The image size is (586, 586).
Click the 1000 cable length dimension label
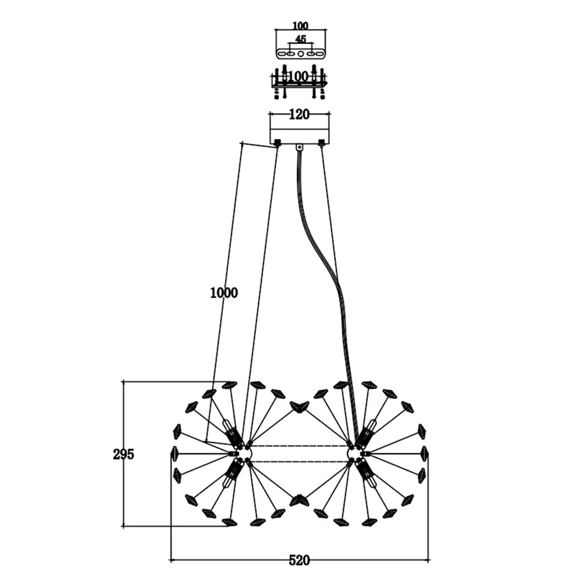coord(224,293)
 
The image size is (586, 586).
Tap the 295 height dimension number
coord(123,455)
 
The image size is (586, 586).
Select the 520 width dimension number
coord(299,560)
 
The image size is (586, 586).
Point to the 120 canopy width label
coord(299,114)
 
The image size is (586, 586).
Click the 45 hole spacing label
coord(301,39)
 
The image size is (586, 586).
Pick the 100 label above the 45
coord(300,25)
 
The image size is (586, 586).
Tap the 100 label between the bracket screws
coord(298,77)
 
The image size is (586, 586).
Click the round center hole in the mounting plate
coord(301,54)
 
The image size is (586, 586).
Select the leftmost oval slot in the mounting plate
coord(281,54)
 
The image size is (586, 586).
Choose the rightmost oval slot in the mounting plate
coord(319,54)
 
